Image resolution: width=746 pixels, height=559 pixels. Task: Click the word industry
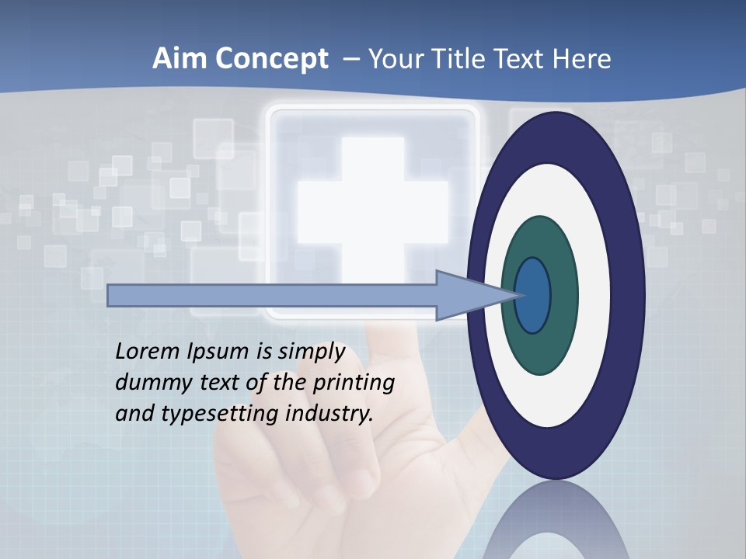[x=330, y=414]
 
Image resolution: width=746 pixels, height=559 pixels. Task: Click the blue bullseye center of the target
[x=533, y=295]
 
